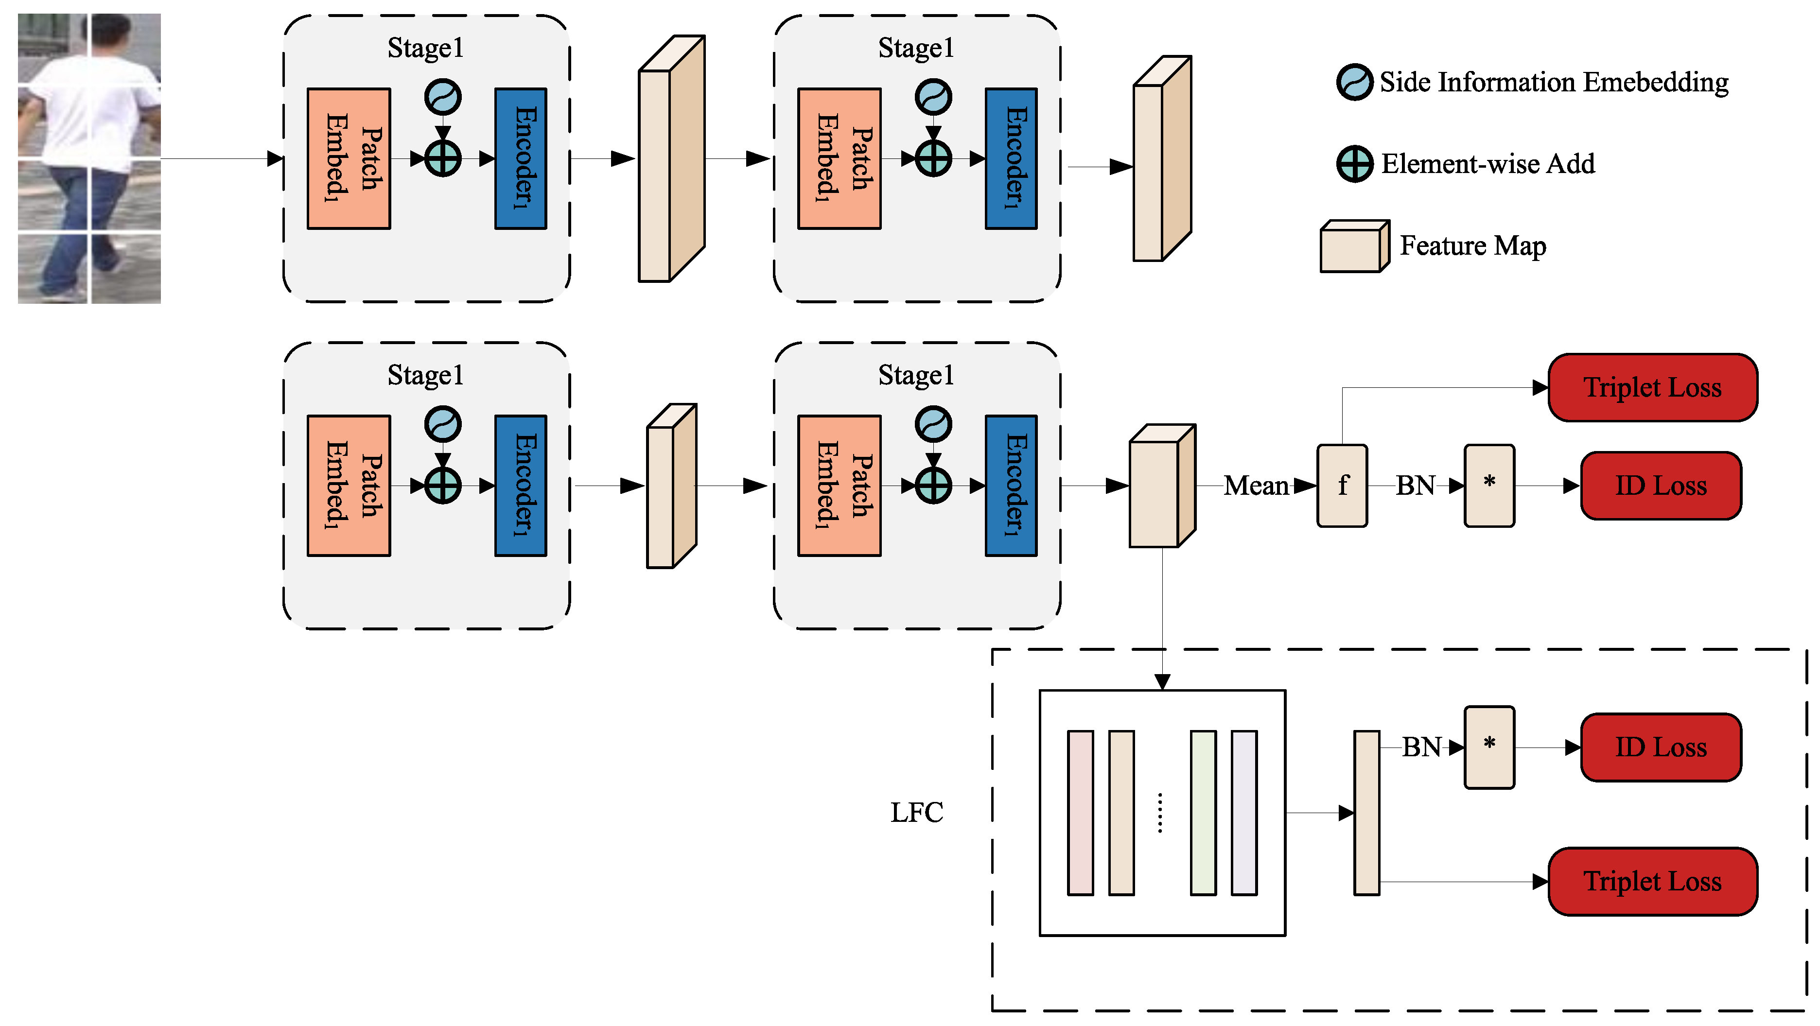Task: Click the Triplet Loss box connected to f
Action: click(1652, 387)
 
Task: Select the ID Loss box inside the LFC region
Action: click(1661, 747)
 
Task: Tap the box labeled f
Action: click(1342, 486)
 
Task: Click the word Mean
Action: click(1256, 486)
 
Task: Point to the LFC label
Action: click(916, 813)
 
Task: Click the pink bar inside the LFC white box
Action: click(1080, 813)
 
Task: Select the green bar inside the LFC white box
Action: click(1203, 813)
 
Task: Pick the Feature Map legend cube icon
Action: click(1354, 246)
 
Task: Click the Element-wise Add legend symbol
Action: click(1354, 164)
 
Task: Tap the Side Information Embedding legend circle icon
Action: click(1354, 83)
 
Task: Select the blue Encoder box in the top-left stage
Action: click(520, 158)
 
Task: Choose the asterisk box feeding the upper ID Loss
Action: click(1488, 486)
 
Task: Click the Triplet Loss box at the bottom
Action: click(1652, 881)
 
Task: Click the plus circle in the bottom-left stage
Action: click(442, 486)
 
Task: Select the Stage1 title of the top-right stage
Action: click(916, 48)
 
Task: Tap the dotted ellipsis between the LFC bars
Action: click(1159, 813)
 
